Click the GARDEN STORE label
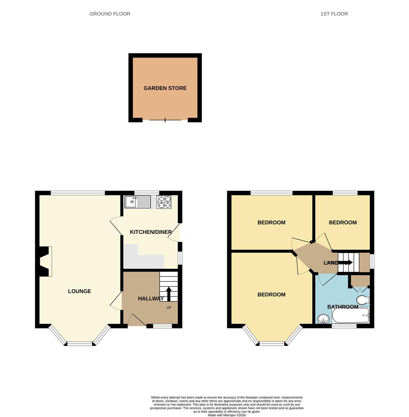pyautogui.click(x=165, y=88)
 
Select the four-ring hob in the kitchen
pyautogui.click(x=164, y=202)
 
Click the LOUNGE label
pyautogui.click(x=79, y=291)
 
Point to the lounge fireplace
pyautogui.click(x=45, y=261)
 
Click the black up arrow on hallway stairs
pyautogui.click(x=169, y=293)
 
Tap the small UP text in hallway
pyautogui.click(x=169, y=308)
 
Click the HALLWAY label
pyautogui.click(x=150, y=298)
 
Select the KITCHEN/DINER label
pyautogui.click(x=150, y=232)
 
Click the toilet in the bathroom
pyautogui.click(x=363, y=300)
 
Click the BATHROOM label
pyautogui.click(x=343, y=307)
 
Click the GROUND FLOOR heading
pyautogui.click(x=110, y=14)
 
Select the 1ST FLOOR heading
pyautogui.click(x=334, y=14)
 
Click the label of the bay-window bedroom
pyautogui.click(x=271, y=295)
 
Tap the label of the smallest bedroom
pyautogui.click(x=342, y=222)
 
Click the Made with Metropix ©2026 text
pyautogui.click(x=226, y=415)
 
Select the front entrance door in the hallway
pyautogui.click(x=136, y=320)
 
